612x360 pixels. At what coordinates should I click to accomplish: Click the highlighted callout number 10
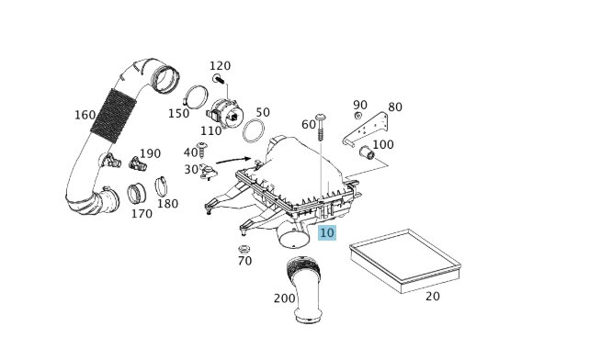(327, 233)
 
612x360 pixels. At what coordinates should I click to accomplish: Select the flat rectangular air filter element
(405, 261)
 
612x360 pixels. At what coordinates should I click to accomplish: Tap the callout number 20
(433, 297)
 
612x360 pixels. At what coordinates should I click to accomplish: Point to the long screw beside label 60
(322, 127)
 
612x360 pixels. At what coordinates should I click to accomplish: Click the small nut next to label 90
(357, 116)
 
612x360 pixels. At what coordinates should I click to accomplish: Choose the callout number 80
(395, 107)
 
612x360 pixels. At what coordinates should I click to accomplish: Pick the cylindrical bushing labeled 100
(367, 152)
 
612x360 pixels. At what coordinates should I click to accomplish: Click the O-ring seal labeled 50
(254, 131)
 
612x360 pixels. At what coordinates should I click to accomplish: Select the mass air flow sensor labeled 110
(226, 113)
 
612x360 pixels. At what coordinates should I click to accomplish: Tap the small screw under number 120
(219, 80)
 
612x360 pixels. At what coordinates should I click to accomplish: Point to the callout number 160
(85, 115)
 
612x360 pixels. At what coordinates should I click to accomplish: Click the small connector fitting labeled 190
(138, 163)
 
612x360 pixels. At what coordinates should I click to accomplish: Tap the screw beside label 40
(202, 150)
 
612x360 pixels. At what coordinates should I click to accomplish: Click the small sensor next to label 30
(208, 172)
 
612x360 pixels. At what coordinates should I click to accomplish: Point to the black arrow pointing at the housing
(233, 160)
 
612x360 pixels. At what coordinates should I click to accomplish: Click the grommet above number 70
(244, 249)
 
